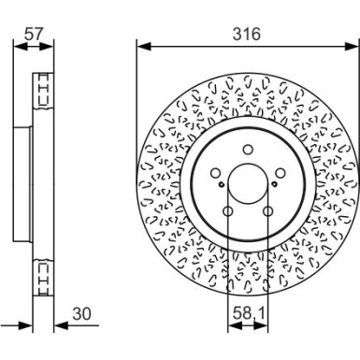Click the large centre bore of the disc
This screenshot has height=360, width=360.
click(x=247, y=185)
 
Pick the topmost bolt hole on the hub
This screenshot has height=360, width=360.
click(x=247, y=148)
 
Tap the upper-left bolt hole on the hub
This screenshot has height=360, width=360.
click(x=214, y=172)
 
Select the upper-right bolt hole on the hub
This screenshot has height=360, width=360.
click(x=281, y=172)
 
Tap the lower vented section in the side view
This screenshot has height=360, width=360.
click(x=43, y=275)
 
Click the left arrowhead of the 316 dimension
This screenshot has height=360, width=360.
click(x=141, y=44)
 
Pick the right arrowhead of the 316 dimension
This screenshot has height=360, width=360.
click(x=353, y=44)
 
